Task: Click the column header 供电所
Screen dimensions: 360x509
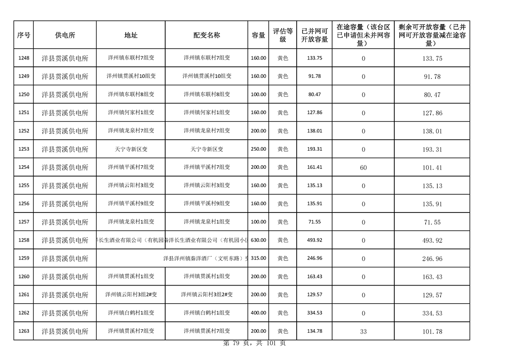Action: click(x=65, y=35)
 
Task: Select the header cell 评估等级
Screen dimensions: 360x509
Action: click(x=283, y=35)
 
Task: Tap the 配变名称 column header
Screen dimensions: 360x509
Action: click(x=206, y=35)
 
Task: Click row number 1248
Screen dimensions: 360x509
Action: click(x=24, y=58)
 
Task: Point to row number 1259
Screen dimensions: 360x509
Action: click(x=24, y=258)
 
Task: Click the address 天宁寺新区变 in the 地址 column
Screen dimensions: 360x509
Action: click(x=131, y=149)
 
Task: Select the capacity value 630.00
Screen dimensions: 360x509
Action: click(x=259, y=240)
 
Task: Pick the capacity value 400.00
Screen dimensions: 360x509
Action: click(x=259, y=313)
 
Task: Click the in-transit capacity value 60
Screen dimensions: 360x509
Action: click(x=363, y=168)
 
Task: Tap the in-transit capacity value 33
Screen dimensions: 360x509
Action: click(x=363, y=331)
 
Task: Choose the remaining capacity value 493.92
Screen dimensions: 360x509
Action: click(x=432, y=240)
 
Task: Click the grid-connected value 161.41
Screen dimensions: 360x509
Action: click(x=314, y=167)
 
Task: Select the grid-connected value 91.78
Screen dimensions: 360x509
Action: click(x=314, y=76)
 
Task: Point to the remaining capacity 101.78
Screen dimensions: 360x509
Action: click(x=432, y=331)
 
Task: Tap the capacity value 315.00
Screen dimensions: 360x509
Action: click(x=259, y=258)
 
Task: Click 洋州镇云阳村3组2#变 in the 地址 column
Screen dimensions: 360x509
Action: click(x=131, y=295)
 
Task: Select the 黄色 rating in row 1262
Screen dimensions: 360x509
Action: click(x=283, y=313)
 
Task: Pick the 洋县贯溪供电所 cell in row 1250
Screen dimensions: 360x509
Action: click(x=65, y=94)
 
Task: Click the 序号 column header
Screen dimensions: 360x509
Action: click(x=24, y=35)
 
